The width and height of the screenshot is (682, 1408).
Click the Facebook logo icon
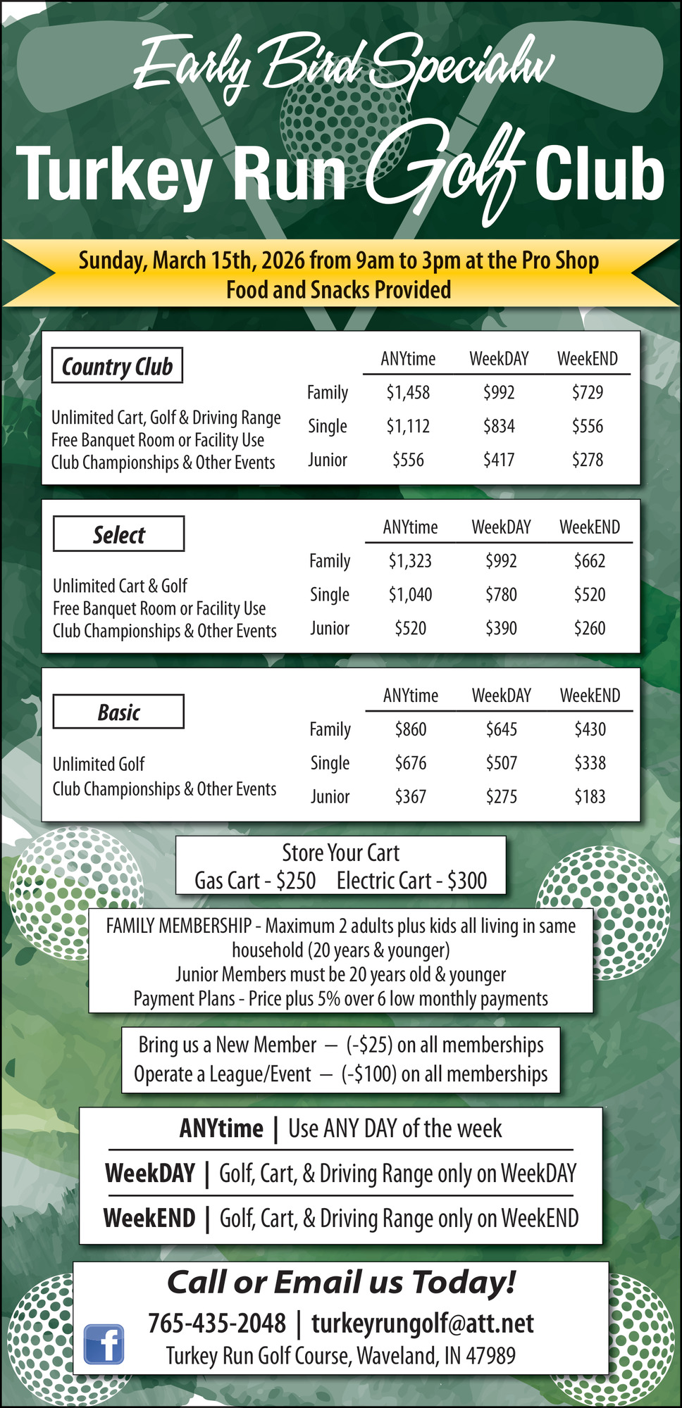(x=104, y=1343)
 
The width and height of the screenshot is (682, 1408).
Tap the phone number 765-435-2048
(x=217, y=1323)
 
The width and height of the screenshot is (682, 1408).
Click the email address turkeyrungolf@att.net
(x=422, y=1323)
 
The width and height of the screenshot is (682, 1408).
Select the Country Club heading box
(x=117, y=365)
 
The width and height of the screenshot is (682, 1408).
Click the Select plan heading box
(x=118, y=534)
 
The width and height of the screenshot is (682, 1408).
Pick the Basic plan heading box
(x=118, y=712)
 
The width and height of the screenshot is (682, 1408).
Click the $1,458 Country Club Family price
(x=408, y=392)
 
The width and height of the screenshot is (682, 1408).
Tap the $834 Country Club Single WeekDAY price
(x=499, y=426)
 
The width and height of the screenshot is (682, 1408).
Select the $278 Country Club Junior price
(x=588, y=460)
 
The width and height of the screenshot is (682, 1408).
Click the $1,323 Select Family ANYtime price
(x=410, y=560)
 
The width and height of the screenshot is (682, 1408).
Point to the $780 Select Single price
(x=501, y=594)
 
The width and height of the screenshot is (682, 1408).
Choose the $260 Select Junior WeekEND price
(x=590, y=628)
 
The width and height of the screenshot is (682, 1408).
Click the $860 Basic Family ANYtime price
(x=410, y=729)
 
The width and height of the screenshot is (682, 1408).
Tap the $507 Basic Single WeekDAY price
(x=501, y=762)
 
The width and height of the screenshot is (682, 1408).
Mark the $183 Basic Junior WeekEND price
(x=590, y=796)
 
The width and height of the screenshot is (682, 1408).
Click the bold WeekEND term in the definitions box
(x=149, y=1218)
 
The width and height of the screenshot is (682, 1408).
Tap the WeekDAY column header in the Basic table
(x=501, y=696)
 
